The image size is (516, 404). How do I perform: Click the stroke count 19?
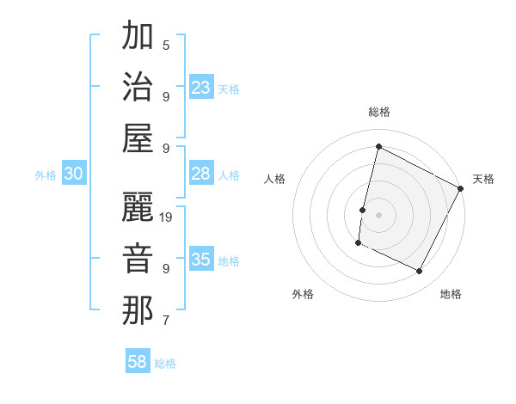pyautogui.click(x=167, y=217)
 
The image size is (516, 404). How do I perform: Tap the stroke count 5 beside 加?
pyautogui.click(x=166, y=45)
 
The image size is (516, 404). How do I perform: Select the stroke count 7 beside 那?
pyautogui.click(x=166, y=321)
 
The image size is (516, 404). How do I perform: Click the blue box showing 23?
pyautogui.click(x=201, y=88)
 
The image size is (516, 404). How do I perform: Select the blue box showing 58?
pyautogui.click(x=138, y=362)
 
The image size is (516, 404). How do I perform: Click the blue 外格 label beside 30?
pyautogui.click(x=46, y=175)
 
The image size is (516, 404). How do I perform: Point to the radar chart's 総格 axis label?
pyautogui.click(x=379, y=112)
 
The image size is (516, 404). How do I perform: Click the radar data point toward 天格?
pyautogui.click(x=462, y=188)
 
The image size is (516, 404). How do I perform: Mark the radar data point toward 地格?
pyautogui.click(x=420, y=272)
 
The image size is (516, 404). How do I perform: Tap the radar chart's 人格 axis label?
pyautogui.click(x=275, y=179)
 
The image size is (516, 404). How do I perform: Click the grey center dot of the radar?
pyautogui.click(x=378, y=215)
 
